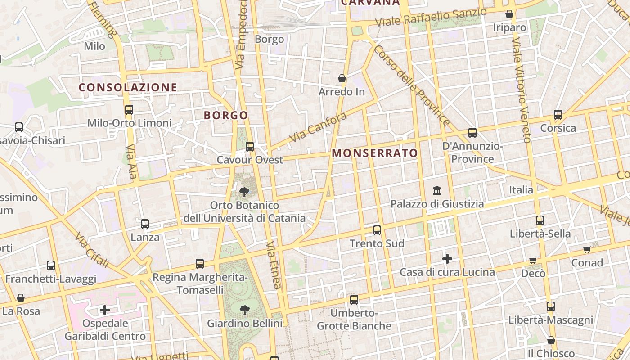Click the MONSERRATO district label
375,153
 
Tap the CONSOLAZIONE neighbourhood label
128,87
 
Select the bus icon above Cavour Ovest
250,147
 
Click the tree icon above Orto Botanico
244,193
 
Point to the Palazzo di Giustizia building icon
437,191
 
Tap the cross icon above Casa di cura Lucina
447,259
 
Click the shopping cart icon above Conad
587,249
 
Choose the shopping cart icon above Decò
533,260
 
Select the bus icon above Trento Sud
377,230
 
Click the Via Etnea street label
274,265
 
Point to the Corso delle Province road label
411,85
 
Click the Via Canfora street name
318,128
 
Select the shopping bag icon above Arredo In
342,78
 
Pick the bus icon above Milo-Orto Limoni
129,109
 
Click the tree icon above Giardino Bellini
244,310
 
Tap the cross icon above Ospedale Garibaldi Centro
105,310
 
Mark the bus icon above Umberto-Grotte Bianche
354,299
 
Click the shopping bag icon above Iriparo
509,14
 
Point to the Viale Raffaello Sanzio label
431,17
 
